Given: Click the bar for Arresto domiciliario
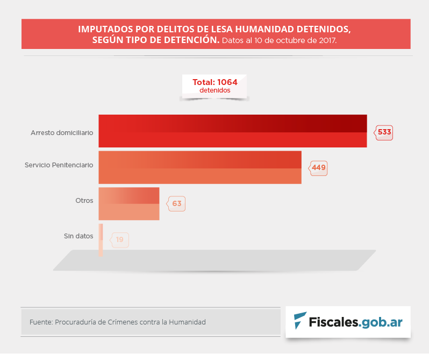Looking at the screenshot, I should pyautogui.click(x=232, y=131).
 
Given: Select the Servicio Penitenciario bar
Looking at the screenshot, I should pyautogui.click(x=199, y=167).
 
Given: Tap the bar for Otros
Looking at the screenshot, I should pyautogui.click(x=129, y=203).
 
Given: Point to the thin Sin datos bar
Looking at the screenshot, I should pyautogui.click(x=101, y=239).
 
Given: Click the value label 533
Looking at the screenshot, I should pyautogui.click(x=384, y=132).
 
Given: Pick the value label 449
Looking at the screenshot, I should pyautogui.click(x=319, y=168).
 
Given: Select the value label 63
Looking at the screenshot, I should pyautogui.click(x=177, y=204).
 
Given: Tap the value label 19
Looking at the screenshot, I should pyautogui.click(x=120, y=240).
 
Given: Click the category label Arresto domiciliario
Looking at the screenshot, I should pyautogui.click(x=62, y=132).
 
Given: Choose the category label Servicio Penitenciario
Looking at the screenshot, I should pyautogui.click(x=59, y=165).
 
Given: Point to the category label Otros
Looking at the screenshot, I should pyautogui.click(x=84, y=200).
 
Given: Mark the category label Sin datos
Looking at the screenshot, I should pyautogui.click(x=78, y=236).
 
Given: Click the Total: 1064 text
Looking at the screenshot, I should pyautogui.click(x=215, y=82).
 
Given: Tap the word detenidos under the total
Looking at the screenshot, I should pyautogui.click(x=215, y=90).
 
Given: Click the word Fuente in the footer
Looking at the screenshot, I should pyautogui.click(x=40, y=322).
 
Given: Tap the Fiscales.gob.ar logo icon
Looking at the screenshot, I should pyautogui.click(x=300, y=321).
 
